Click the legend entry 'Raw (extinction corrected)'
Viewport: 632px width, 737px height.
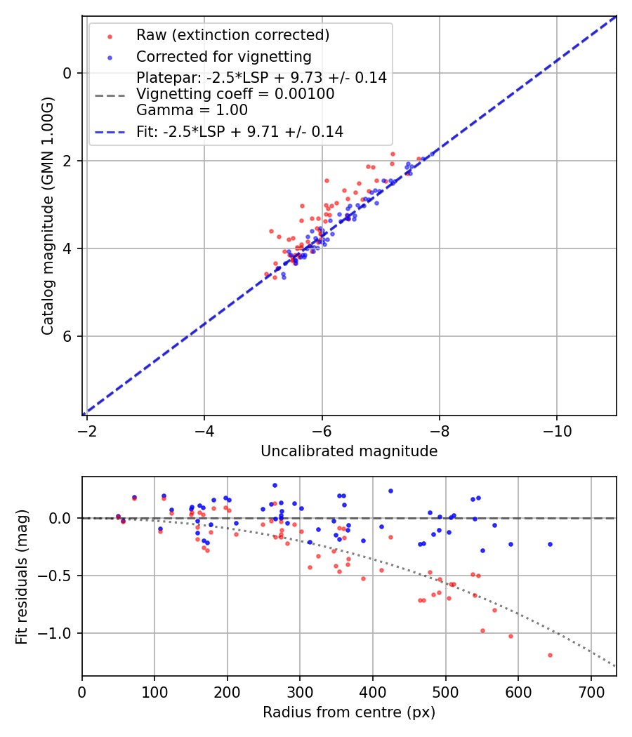232,35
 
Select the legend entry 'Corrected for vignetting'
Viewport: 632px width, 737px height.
223,57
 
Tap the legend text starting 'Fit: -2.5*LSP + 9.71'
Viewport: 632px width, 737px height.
239,131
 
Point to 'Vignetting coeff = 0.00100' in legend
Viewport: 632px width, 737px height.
235,94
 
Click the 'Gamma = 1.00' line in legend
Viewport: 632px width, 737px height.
192,110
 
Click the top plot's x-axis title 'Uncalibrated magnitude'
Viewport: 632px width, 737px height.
349,451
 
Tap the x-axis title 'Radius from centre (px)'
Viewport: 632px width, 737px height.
349,712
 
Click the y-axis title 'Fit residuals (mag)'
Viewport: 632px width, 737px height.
22,576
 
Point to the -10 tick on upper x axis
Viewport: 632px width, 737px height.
557,427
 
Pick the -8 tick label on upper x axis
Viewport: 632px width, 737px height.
440,427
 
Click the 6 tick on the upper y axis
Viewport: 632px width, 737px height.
68,336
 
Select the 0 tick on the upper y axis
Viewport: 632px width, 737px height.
68,73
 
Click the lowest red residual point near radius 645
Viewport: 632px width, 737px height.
550,655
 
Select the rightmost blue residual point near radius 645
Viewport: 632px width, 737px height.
550,544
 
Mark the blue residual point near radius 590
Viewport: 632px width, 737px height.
511,544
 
